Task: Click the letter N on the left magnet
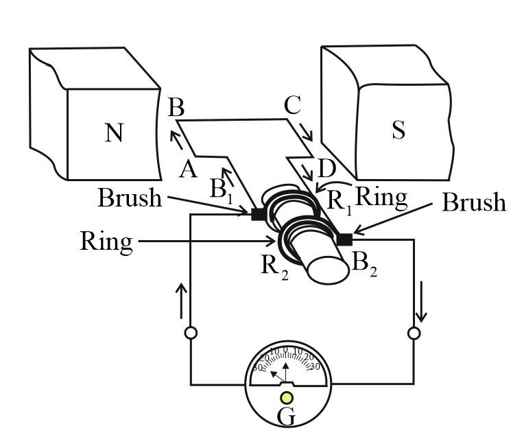115,132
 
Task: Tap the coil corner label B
176,108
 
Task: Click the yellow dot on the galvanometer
287,399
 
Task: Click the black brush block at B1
259,214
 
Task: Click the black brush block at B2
344,239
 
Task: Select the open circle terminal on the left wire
191,333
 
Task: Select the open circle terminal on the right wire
413,333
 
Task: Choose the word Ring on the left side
106,242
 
